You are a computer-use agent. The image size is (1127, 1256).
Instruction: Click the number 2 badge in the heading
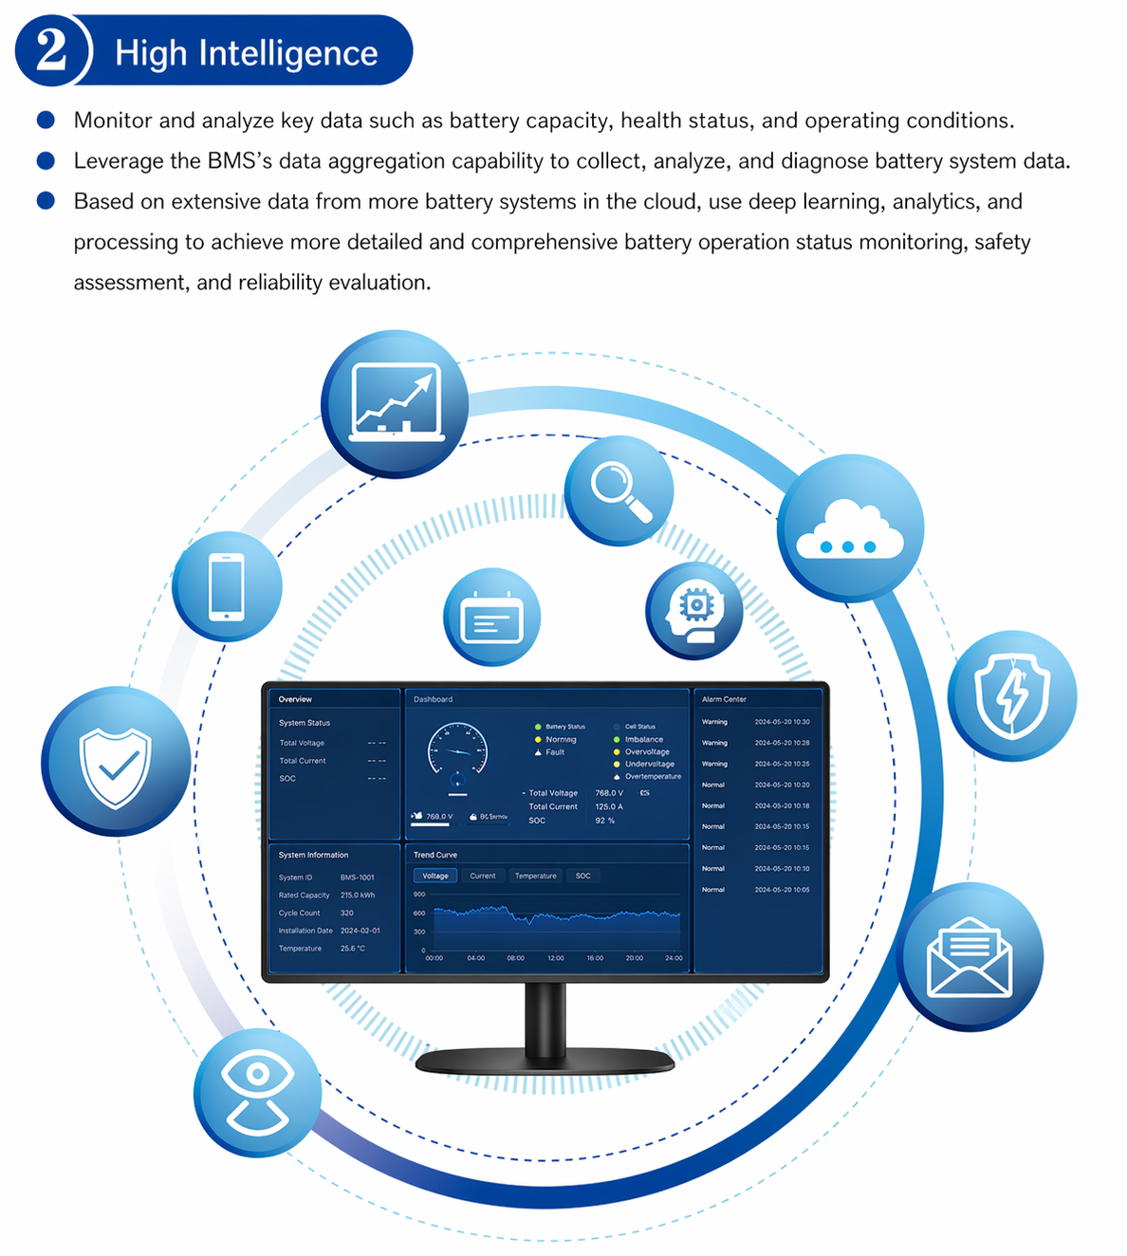tap(51, 51)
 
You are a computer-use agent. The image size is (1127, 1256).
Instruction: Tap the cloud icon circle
tap(850, 528)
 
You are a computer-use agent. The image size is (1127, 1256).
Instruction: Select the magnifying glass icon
tap(619, 490)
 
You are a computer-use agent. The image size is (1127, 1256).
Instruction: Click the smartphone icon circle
tap(227, 586)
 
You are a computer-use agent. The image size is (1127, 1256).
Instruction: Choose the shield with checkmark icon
tap(116, 763)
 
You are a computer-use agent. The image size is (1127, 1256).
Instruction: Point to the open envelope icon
tap(970, 957)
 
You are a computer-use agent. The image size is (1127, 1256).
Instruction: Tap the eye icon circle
tap(258, 1093)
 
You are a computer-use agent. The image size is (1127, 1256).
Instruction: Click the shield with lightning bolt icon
tap(1012, 696)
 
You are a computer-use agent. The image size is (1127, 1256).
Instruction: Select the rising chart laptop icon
tap(396, 403)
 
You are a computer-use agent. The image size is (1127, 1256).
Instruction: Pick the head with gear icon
tap(694, 611)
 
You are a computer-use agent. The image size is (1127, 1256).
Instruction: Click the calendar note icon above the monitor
tap(491, 617)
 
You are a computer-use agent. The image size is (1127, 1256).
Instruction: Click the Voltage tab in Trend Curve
tap(435, 876)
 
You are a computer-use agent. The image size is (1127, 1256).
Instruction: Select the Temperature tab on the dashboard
tap(536, 876)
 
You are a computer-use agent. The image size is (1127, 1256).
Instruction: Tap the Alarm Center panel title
tap(724, 699)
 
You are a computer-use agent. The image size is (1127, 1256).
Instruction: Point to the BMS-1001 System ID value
tap(358, 877)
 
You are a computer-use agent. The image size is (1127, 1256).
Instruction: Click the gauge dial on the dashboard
tap(457, 750)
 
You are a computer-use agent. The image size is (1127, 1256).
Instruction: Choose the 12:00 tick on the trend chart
tap(556, 958)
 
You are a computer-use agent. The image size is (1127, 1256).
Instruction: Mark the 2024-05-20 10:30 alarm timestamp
tap(782, 722)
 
